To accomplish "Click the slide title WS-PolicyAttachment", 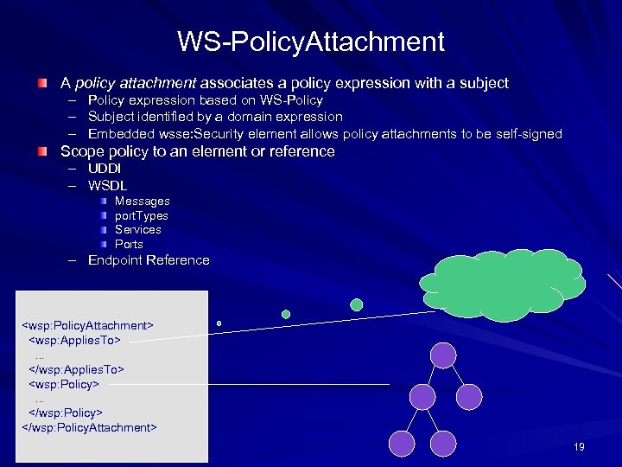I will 311,41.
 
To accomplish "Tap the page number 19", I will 579,446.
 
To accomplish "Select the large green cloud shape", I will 501,282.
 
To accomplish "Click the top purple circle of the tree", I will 443,355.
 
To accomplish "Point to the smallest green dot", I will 219,323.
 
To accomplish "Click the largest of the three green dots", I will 356,304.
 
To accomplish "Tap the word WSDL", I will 107,185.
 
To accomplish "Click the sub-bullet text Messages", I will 143,201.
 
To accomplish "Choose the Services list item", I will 138,229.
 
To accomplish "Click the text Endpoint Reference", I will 149,260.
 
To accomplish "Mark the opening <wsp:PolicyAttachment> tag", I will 86,325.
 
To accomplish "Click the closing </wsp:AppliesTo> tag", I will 77,369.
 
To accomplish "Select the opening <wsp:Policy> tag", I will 64,383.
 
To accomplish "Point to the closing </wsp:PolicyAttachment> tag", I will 88,427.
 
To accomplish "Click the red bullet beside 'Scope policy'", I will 42,151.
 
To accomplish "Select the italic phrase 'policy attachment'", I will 137,84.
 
